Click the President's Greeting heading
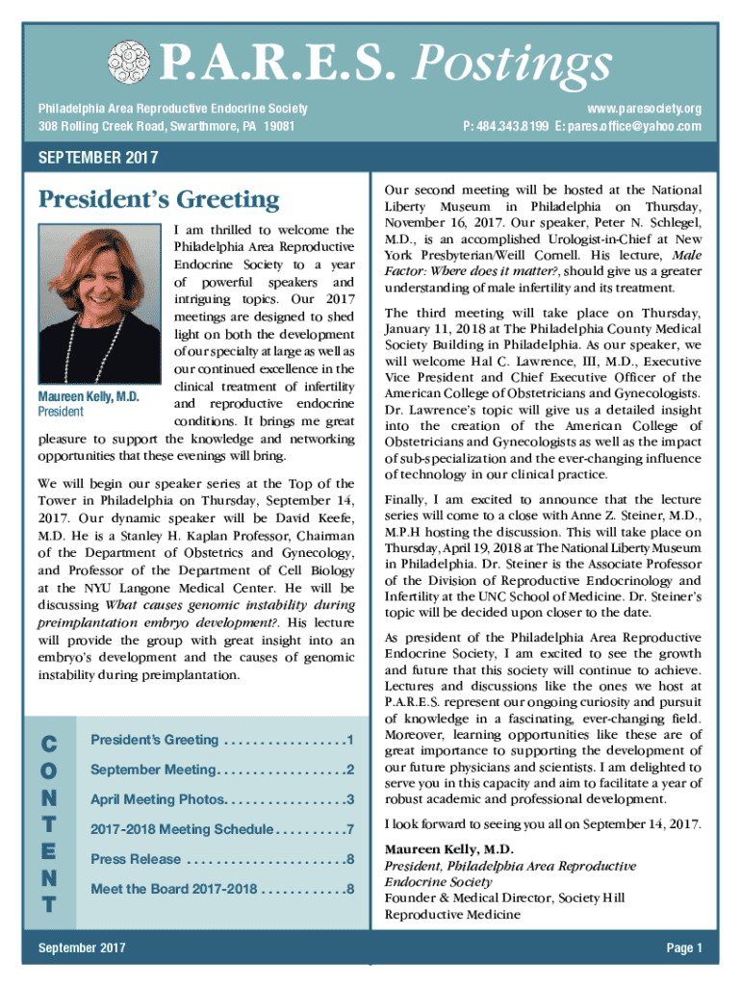click(158, 200)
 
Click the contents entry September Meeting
click(153, 770)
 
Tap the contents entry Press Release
click(136, 859)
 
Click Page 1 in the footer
click(684, 948)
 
